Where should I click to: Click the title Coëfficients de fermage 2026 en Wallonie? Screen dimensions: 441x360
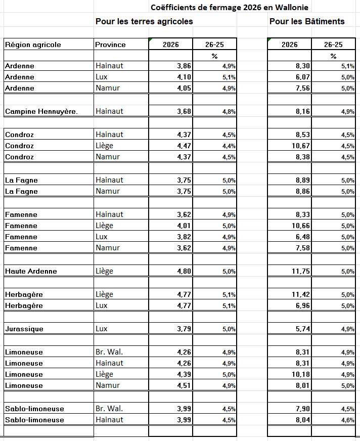[229, 8]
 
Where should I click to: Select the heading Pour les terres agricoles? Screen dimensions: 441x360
[144, 21]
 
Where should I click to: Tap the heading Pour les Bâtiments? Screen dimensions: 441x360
[307, 21]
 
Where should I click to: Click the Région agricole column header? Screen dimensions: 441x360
[33, 45]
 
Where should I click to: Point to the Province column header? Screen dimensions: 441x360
[110, 45]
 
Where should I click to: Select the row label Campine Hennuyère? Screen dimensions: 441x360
[41, 111]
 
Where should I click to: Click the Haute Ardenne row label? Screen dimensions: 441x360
[31, 271]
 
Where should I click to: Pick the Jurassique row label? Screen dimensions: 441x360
[24, 329]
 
